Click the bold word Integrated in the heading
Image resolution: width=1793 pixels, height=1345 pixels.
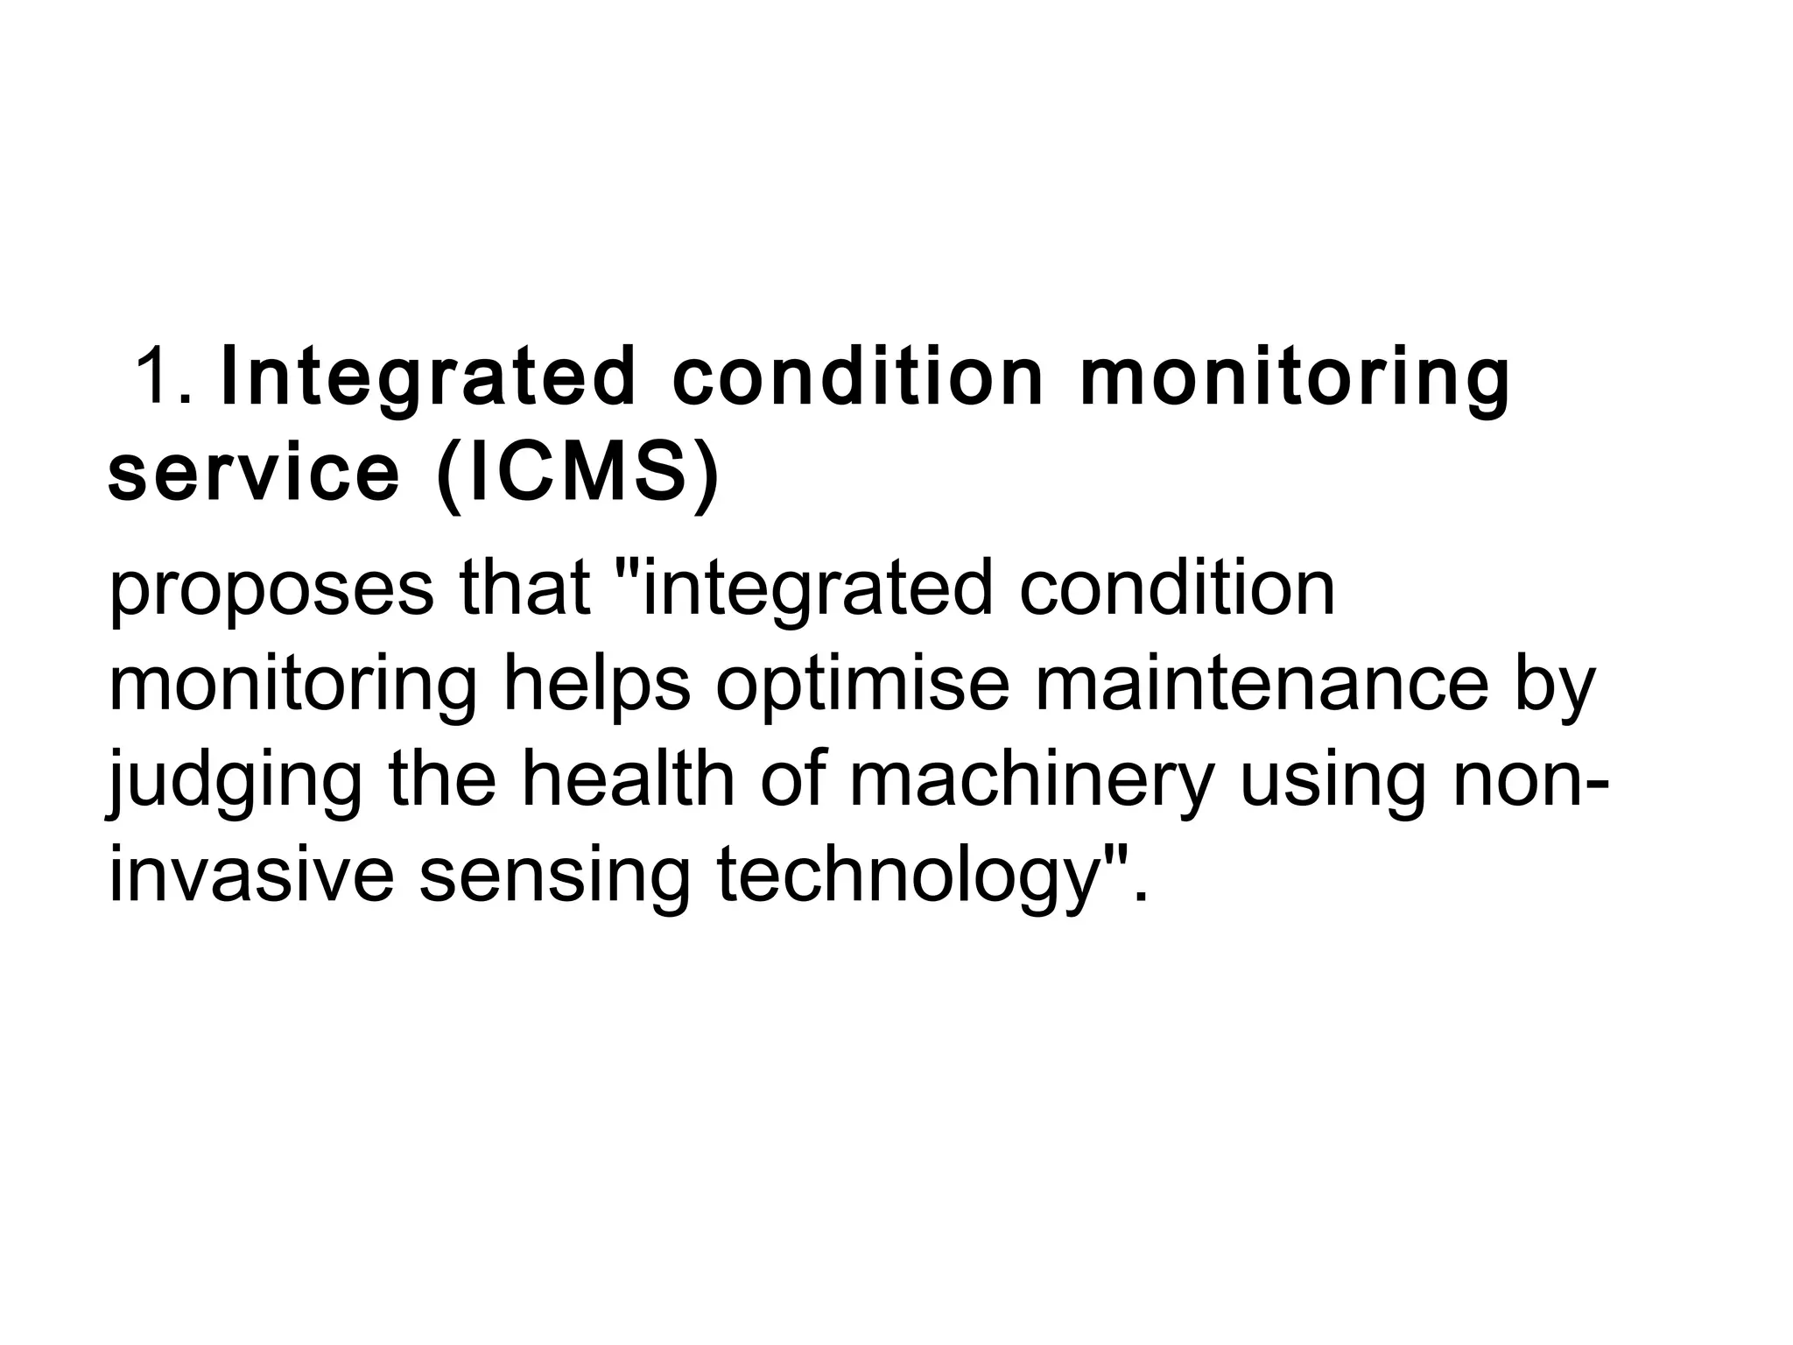coord(428,377)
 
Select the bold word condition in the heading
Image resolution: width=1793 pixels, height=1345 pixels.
coord(858,377)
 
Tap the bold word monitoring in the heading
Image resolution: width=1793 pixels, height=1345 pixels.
coord(1296,377)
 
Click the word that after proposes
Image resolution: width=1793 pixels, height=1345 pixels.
coord(524,588)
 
